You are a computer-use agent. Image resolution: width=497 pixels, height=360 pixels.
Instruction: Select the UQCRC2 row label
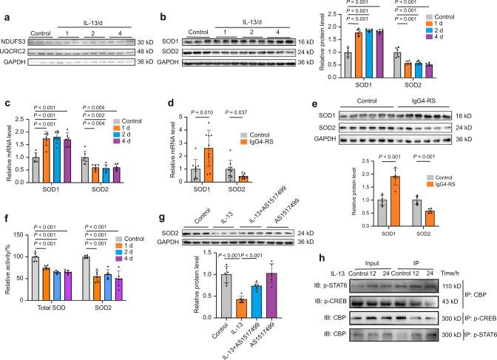(x=16, y=43)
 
